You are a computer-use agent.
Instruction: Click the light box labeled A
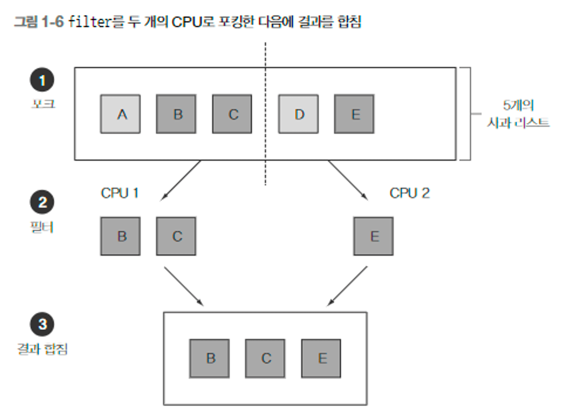pyautogui.click(x=120, y=114)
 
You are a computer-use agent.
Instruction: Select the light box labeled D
pyautogui.click(x=298, y=114)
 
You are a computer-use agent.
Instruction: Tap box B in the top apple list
pyautogui.click(x=176, y=114)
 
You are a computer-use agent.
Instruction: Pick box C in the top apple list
pyautogui.click(x=232, y=114)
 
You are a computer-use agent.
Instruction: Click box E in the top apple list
pyautogui.click(x=354, y=114)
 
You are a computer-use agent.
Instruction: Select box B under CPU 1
pyautogui.click(x=120, y=236)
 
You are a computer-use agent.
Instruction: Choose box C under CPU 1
pyautogui.click(x=176, y=236)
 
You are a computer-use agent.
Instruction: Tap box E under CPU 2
pyautogui.click(x=373, y=236)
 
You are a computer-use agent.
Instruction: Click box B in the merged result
pyautogui.click(x=210, y=358)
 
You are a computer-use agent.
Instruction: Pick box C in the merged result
pyautogui.click(x=265, y=358)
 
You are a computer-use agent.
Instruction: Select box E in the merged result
pyautogui.click(x=321, y=358)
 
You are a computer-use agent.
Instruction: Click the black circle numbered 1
pyautogui.click(x=42, y=80)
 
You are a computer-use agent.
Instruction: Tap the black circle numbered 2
pyautogui.click(x=42, y=202)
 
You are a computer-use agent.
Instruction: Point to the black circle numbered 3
pyautogui.click(x=42, y=324)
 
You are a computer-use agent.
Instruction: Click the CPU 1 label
pyautogui.click(x=120, y=193)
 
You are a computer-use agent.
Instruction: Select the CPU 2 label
pyautogui.click(x=409, y=193)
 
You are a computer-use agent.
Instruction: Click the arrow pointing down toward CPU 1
pyautogui.click(x=181, y=180)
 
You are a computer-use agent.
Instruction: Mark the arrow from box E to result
pyautogui.click(x=347, y=286)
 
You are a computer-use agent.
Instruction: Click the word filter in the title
pyautogui.click(x=89, y=22)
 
